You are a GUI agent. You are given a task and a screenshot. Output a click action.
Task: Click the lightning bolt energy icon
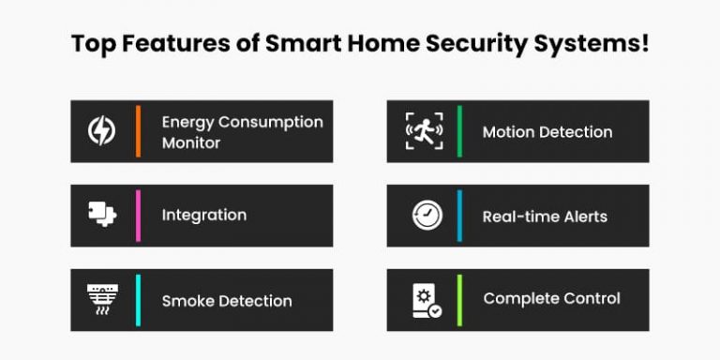pos(101,131)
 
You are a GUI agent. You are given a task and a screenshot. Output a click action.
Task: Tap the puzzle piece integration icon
pos(101,215)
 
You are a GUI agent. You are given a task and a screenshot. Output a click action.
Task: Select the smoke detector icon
pos(101,300)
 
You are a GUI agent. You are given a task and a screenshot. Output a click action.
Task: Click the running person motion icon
pos(423,131)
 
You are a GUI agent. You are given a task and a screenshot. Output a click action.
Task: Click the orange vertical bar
pos(138,131)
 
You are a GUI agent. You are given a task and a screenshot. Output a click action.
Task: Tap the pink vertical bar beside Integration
pos(138,215)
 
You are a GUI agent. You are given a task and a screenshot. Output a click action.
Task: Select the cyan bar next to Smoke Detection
pos(138,300)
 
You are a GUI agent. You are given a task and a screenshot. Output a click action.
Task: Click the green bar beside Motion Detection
pos(459,131)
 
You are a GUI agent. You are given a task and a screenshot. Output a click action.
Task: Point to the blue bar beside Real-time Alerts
pos(459,216)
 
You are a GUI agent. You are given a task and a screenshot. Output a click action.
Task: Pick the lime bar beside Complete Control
pos(459,299)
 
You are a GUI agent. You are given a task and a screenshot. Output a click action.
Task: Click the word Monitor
pos(191,143)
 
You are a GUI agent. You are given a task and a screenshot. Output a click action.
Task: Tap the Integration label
pos(204,215)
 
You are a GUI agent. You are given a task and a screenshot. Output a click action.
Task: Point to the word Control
pos(591,299)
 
